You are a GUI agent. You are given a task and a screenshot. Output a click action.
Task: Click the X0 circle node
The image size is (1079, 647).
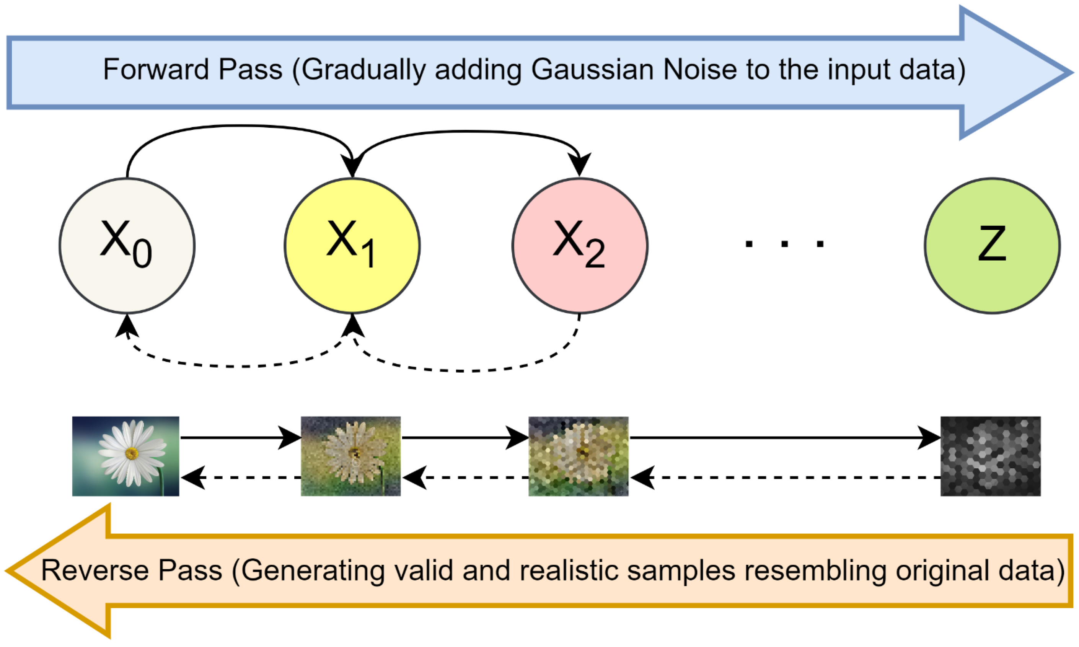tap(127, 246)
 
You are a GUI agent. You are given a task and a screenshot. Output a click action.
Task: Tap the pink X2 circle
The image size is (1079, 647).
tap(580, 246)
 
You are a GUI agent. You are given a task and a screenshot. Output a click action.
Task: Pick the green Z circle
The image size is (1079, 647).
tap(992, 246)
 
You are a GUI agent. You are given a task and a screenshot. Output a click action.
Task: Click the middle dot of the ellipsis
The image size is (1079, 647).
tap(785, 243)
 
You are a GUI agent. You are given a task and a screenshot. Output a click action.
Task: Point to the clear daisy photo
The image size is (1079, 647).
tap(126, 456)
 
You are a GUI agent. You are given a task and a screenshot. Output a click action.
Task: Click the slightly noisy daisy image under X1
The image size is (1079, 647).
tap(350, 456)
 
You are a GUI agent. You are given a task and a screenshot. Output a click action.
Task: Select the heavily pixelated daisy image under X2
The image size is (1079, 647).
tap(579, 456)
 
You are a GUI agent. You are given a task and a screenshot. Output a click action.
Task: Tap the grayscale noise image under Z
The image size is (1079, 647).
tap(991, 456)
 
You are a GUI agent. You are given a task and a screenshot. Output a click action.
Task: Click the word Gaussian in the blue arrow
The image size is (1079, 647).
tap(592, 70)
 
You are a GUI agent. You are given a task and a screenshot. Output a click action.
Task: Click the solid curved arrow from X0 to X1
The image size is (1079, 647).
tap(240, 126)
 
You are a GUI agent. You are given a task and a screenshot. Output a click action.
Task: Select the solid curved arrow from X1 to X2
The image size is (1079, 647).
tap(466, 131)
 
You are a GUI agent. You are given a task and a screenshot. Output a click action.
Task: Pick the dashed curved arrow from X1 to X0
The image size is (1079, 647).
tap(240, 366)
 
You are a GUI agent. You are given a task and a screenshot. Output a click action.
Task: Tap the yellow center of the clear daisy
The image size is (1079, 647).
tap(131, 453)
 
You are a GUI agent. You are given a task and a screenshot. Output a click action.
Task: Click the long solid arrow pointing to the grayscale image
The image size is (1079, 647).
tap(785, 437)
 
